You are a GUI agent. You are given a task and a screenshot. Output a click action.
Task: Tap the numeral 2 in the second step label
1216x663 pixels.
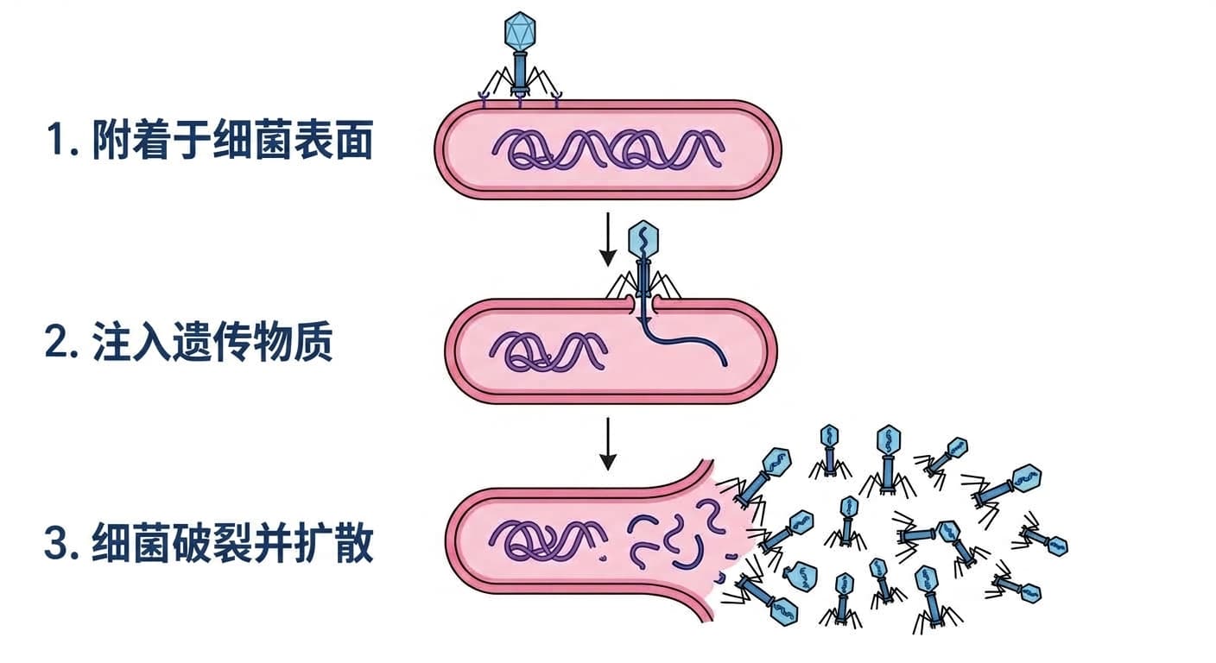57,342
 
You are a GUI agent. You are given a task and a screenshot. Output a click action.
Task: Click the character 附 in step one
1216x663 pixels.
111,140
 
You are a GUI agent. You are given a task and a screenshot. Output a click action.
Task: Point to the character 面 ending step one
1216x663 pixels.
355,140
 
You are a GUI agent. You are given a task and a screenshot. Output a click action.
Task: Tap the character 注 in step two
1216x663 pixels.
111,342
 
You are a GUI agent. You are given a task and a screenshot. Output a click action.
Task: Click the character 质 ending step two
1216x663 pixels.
313,342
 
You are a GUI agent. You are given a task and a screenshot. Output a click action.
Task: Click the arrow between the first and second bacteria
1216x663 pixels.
607,239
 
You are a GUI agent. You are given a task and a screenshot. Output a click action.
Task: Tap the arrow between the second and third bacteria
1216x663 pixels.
607,444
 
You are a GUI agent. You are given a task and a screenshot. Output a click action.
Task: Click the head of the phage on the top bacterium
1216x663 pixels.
520,31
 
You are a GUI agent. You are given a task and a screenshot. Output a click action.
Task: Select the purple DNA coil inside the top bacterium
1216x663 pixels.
608,148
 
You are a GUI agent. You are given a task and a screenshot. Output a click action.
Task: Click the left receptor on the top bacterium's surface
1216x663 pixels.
484,99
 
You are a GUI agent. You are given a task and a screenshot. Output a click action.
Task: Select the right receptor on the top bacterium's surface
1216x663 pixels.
556,99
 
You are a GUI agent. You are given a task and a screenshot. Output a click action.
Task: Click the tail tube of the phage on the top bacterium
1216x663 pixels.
520,72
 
